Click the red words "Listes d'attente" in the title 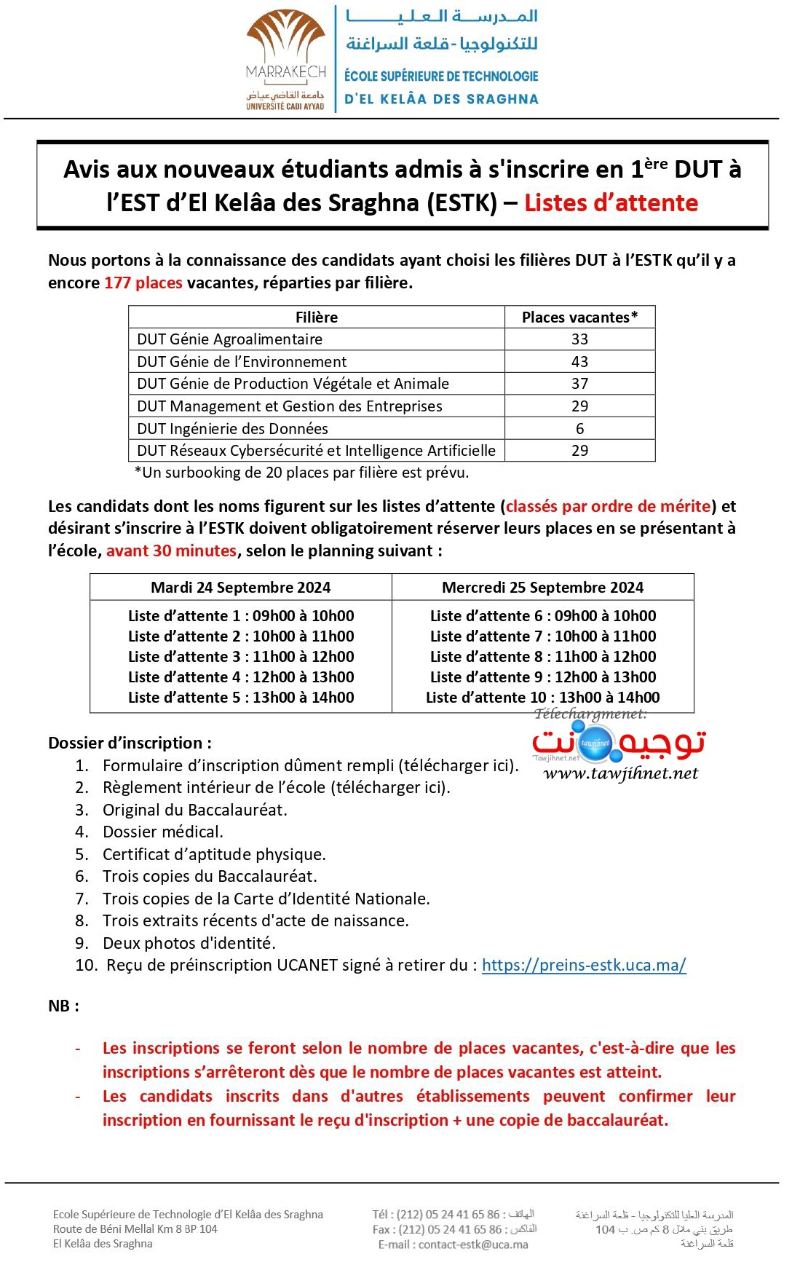pyautogui.click(x=611, y=202)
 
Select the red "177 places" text pyautogui.click(x=143, y=283)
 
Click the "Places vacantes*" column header pyautogui.click(x=579, y=317)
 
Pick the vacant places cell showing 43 pyautogui.click(x=579, y=361)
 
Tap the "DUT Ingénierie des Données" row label pyautogui.click(x=232, y=428)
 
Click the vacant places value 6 pyautogui.click(x=579, y=428)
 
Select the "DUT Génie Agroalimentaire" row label pyautogui.click(x=229, y=339)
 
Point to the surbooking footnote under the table pyautogui.click(x=301, y=473)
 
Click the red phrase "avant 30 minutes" pyautogui.click(x=171, y=551)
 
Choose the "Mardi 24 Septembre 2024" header pyautogui.click(x=240, y=587)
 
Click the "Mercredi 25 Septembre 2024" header pyautogui.click(x=542, y=587)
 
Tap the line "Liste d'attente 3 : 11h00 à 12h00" pyautogui.click(x=241, y=657)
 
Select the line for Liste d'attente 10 pyautogui.click(x=542, y=698)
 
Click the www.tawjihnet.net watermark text pyautogui.click(x=620, y=773)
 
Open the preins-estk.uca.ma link pyautogui.click(x=584, y=965)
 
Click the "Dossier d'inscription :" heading pyautogui.click(x=130, y=743)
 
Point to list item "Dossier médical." pyautogui.click(x=162, y=832)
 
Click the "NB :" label pyautogui.click(x=63, y=1006)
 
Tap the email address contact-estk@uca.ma pyautogui.click(x=473, y=1245)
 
